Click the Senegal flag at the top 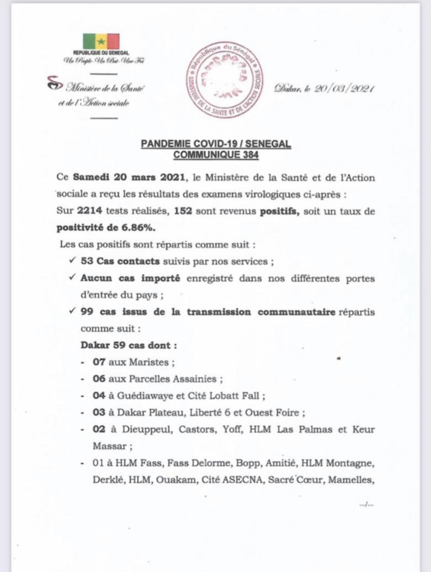101,41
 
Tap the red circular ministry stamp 224,81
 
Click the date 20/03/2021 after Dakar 344,89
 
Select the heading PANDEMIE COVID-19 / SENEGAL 216,144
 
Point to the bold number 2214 89,211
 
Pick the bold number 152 183,211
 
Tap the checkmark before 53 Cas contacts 73,261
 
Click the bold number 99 87,312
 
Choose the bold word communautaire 296,312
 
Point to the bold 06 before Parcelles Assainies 99,379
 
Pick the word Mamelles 350,480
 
